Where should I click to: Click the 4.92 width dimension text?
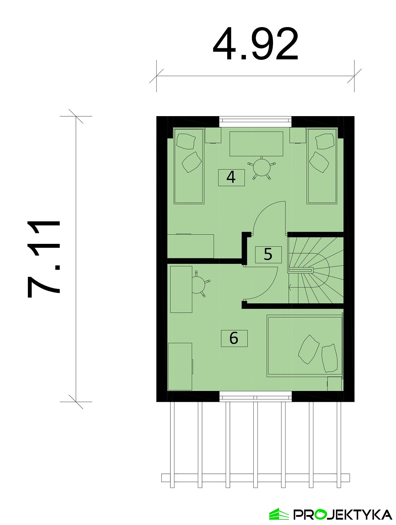(255, 44)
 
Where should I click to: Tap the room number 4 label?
(231, 177)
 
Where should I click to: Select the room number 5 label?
(268, 254)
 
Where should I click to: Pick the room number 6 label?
(234, 338)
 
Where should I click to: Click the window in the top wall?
(255, 121)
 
